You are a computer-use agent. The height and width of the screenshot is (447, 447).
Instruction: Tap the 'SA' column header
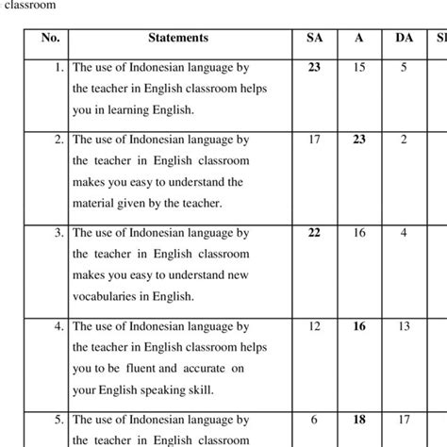click(x=314, y=39)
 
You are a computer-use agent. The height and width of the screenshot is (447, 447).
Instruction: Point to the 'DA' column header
click(x=403, y=39)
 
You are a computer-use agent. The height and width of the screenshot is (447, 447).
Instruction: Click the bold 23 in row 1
click(x=314, y=67)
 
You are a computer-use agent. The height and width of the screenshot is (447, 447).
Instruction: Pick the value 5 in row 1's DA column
click(x=403, y=67)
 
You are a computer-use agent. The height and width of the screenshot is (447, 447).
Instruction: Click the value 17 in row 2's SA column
click(x=314, y=140)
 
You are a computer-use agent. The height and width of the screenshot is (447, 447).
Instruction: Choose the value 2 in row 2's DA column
click(x=403, y=140)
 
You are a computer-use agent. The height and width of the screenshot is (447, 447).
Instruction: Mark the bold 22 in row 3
click(x=314, y=232)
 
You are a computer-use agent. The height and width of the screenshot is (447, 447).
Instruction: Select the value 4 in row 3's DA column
click(x=403, y=232)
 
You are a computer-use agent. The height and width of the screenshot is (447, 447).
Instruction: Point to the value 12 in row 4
click(x=314, y=325)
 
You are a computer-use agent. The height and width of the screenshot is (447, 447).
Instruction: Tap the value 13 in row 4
click(x=403, y=325)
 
